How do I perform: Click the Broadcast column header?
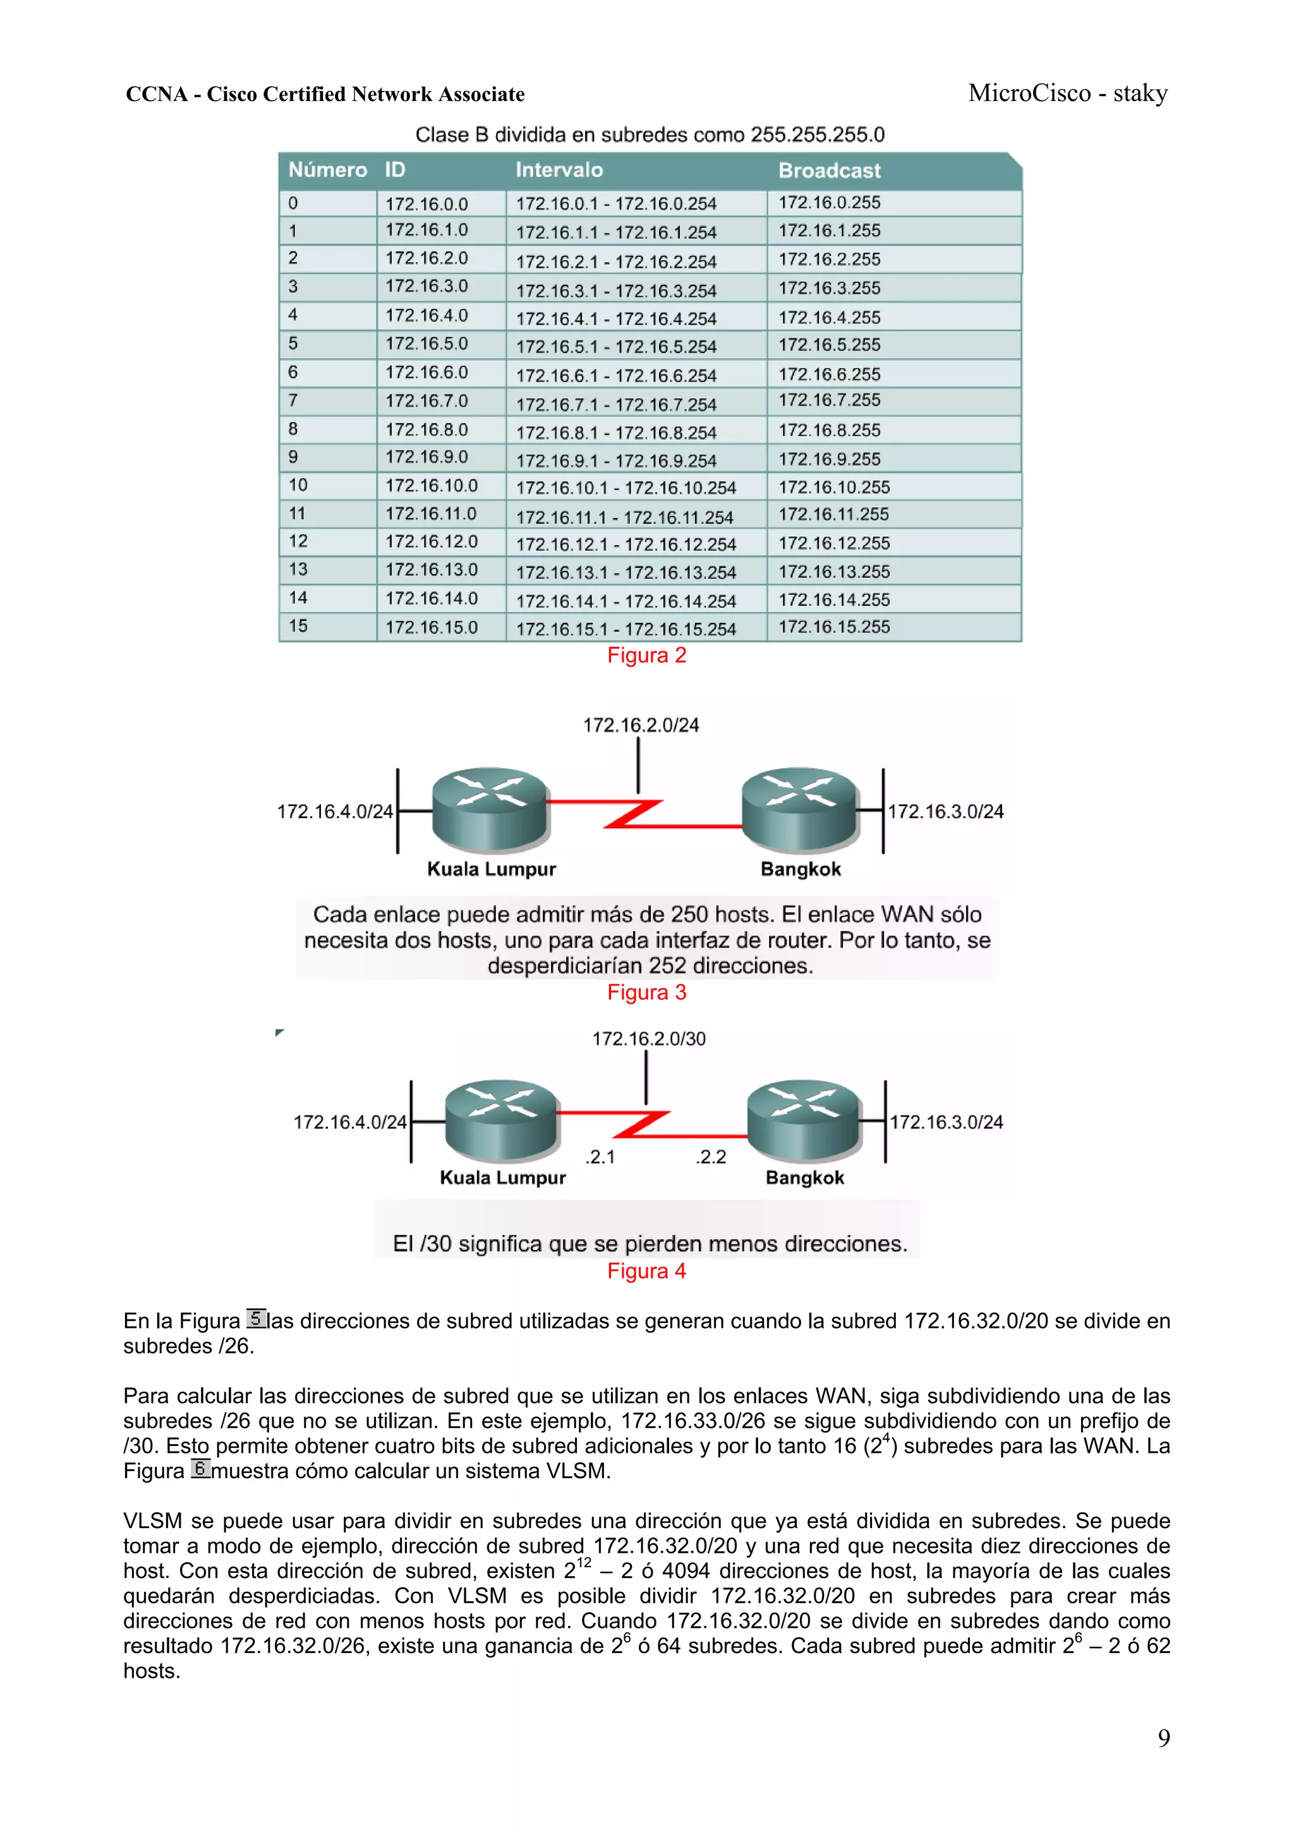829,171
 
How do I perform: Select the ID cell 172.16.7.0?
426,401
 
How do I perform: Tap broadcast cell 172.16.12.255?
834,543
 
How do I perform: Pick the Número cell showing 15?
298,627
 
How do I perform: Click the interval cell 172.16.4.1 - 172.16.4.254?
615,319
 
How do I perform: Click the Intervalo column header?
559,170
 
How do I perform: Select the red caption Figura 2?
646,655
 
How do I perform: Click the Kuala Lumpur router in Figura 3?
490,809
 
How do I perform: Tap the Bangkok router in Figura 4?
804,1119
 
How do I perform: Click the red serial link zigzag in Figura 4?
643,1124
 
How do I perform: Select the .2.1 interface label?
600,1157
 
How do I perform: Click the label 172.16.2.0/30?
648,1038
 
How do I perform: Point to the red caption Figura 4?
646,1272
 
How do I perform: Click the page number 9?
1163,1738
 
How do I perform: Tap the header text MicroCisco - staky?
1068,93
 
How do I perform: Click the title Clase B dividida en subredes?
649,135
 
